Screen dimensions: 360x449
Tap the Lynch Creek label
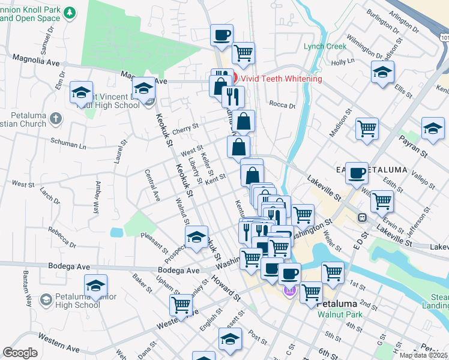(325, 46)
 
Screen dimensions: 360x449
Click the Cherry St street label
(185, 128)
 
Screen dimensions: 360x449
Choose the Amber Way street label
(96, 197)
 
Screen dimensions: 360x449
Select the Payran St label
(414, 146)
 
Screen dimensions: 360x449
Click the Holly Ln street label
(343, 61)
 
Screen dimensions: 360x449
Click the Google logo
(20, 353)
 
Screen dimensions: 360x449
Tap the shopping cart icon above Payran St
(367, 128)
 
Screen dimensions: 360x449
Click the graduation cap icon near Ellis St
(382, 73)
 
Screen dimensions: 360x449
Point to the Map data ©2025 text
(424, 355)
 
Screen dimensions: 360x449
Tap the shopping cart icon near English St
(181, 304)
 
